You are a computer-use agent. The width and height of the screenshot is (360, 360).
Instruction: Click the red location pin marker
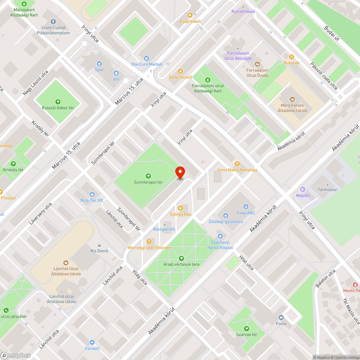180,172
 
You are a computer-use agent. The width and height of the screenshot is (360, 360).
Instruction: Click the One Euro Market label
147,64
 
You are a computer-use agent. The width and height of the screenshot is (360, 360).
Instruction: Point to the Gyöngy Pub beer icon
181,208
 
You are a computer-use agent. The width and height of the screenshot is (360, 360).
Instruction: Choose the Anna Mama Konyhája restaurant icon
237,164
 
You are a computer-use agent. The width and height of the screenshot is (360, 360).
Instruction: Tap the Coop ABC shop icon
246,207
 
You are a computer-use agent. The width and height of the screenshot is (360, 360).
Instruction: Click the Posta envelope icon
281,318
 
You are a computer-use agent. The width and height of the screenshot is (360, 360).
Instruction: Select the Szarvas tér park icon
246,328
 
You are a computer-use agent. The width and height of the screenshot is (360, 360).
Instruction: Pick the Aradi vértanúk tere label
181,264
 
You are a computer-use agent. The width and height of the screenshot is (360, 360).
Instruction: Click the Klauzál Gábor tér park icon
58,102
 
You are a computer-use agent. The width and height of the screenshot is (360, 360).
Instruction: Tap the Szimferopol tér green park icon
148,176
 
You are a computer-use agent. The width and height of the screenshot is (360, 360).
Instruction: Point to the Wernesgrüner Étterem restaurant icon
149,242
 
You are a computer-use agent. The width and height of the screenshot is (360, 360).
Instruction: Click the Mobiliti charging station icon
303,189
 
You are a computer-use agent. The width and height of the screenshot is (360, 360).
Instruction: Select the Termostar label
327,189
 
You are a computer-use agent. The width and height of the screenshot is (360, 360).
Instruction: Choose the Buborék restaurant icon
292,57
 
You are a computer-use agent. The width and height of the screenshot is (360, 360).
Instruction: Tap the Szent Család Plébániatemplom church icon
53,22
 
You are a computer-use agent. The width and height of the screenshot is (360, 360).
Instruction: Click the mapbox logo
16,355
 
